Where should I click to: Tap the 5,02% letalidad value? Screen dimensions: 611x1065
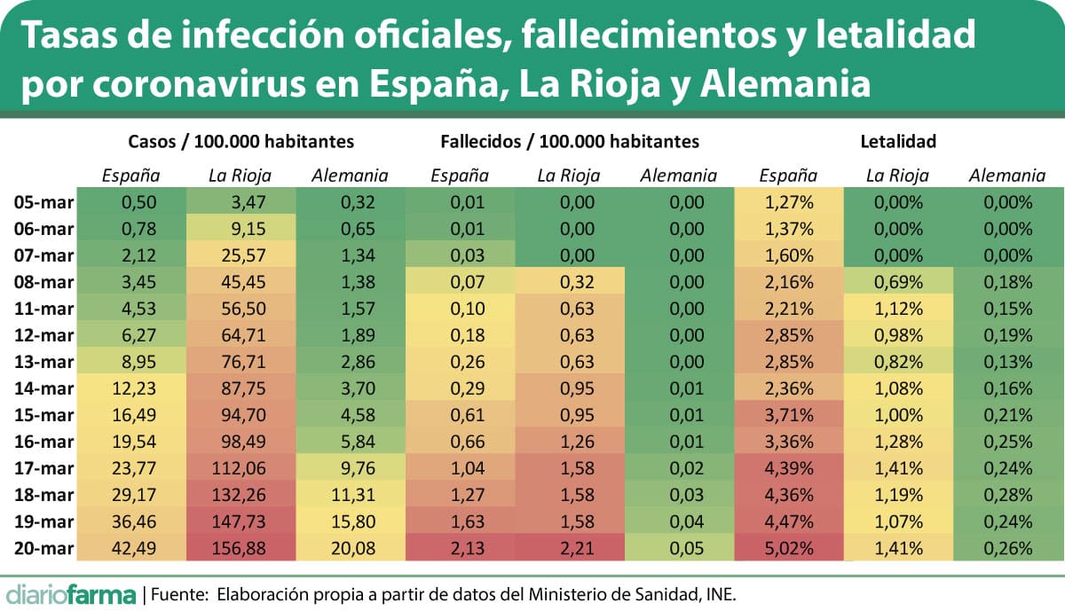[789, 548]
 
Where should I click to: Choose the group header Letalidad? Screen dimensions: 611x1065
[898, 141]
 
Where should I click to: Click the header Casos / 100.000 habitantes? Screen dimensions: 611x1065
[241, 141]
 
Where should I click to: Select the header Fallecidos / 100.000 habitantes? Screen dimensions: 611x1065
[569, 141]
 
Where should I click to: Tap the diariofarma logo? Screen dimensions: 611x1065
[71, 592]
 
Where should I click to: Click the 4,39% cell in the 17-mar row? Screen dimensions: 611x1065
[789, 468]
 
